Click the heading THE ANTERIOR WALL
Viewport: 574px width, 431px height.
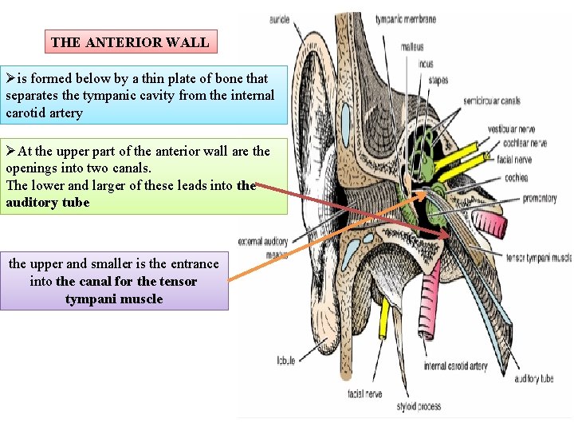(x=130, y=42)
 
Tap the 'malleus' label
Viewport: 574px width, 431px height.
(x=411, y=47)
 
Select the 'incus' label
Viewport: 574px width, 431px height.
(x=425, y=64)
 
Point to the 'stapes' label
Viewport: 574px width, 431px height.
(x=438, y=80)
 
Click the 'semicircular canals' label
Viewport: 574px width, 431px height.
(x=492, y=101)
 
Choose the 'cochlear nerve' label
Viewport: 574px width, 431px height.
(x=525, y=144)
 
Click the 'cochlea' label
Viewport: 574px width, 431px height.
(x=516, y=177)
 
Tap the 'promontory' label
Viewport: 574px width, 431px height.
(x=540, y=198)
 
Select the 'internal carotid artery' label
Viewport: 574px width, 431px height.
(x=455, y=366)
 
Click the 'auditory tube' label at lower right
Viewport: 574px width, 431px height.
(x=534, y=379)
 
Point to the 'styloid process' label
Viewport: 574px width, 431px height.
(x=419, y=406)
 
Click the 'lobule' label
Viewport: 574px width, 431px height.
(x=285, y=360)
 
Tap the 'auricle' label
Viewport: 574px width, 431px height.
(x=279, y=19)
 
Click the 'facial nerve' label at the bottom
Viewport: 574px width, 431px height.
(x=365, y=393)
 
